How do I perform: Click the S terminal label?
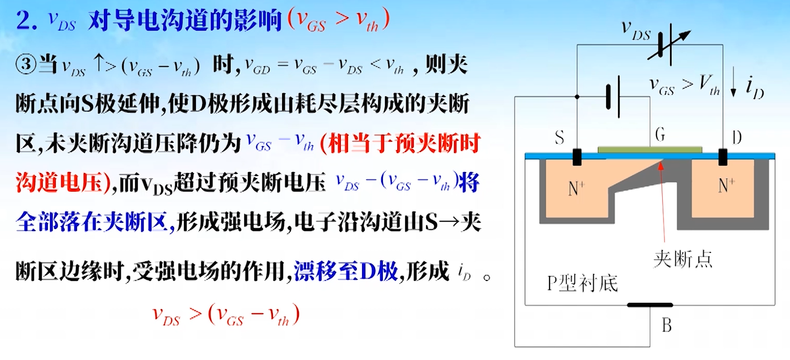(x=559, y=137)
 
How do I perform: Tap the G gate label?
(x=660, y=134)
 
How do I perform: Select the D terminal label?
(x=737, y=137)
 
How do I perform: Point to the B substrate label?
(x=666, y=326)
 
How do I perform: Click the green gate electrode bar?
(x=650, y=150)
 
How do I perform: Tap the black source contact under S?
(x=577, y=157)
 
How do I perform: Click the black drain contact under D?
(x=723, y=157)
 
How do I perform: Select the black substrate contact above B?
(x=650, y=305)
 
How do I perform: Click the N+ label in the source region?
(x=576, y=188)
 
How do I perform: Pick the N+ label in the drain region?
(x=726, y=185)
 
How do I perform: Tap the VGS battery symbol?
(x=614, y=97)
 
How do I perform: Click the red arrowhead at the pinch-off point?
(x=661, y=165)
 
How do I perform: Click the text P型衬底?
(x=582, y=284)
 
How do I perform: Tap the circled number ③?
(x=26, y=64)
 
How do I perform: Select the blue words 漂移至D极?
(x=346, y=271)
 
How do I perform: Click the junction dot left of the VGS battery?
(x=577, y=96)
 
